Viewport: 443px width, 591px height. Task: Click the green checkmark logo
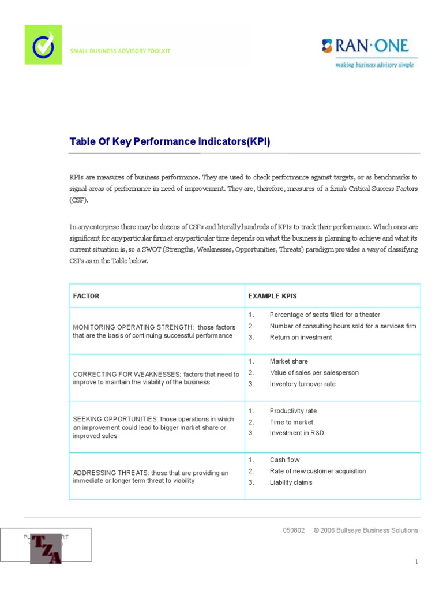pos(43,45)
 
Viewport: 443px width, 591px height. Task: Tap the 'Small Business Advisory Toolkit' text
pos(120,51)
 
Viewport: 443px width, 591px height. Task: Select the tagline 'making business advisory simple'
pos(374,65)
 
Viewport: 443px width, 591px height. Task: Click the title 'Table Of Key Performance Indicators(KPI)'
pos(170,142)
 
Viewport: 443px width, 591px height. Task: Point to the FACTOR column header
pos(86,296)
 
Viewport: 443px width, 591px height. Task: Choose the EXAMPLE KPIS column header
pos(272,296)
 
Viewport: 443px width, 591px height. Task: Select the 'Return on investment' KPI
pos(301,338)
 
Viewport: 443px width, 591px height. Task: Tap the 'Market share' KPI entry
pos(288,361)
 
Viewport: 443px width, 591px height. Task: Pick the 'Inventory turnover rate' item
pos(302,384)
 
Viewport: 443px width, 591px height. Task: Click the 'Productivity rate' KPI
pos(293,411)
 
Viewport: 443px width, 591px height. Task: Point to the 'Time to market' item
pos(291,422)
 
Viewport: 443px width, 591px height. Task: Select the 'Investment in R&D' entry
pos(296,433)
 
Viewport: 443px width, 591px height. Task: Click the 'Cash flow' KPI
pos(284,460)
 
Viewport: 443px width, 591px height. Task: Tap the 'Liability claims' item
pos(291,482)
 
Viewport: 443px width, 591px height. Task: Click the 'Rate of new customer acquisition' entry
pos(318,471)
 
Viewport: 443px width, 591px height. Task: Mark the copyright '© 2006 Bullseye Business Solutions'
pos(366,530)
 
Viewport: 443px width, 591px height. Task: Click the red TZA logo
pos(46,548)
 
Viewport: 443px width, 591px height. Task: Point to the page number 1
pos(416,562)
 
